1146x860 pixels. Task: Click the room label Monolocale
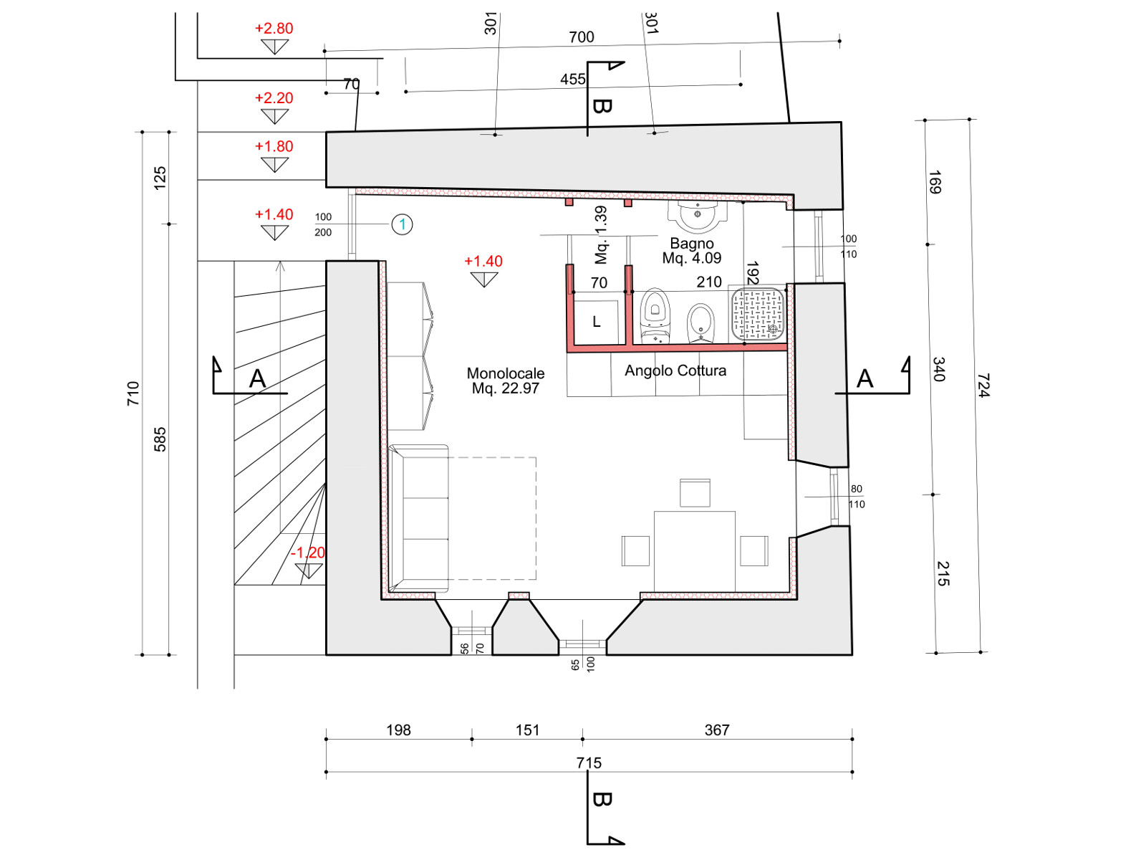pos(505,373)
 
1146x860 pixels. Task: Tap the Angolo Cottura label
pos(675,371)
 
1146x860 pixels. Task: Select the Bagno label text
pos(691,244)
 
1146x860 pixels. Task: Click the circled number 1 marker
pos(402,224)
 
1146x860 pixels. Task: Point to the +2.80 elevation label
pos(274,28)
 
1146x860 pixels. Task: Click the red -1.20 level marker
pos(307,553)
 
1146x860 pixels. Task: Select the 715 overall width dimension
pos(589,763)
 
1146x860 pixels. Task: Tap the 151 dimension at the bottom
pos(527,730)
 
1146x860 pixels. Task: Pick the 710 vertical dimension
pos(133,393)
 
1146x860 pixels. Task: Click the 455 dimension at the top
pos(573,80)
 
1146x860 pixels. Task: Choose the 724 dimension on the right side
pos(983,386)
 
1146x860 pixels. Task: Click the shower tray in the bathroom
pos(758,314)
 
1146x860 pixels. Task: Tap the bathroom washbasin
pos(698,217)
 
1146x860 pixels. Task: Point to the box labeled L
pos(596,322)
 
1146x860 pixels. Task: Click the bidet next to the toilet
pos(700,324)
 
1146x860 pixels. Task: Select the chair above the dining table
pos(695,492)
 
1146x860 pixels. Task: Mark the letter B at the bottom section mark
pos(602,799)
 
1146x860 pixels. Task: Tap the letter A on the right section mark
pos(865,378)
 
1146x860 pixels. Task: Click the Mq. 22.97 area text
pos(505,388)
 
